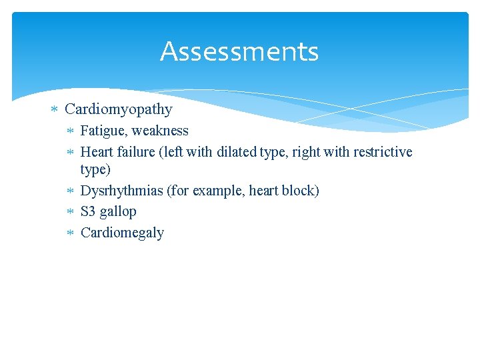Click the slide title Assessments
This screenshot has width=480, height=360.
pyautogui.click(x=239, y=51)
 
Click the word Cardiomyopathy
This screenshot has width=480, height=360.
pyautogui.click(x=119, y=109)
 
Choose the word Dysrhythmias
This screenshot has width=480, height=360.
pyautogui.click(x=121, y=191)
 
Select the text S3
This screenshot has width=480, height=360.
pyautogui.click(x=88, y=212)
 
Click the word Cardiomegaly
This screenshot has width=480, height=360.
pyautogui.click(x=122, y=233)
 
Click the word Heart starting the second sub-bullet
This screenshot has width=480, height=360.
pyautogui.click(x=97, y=152)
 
